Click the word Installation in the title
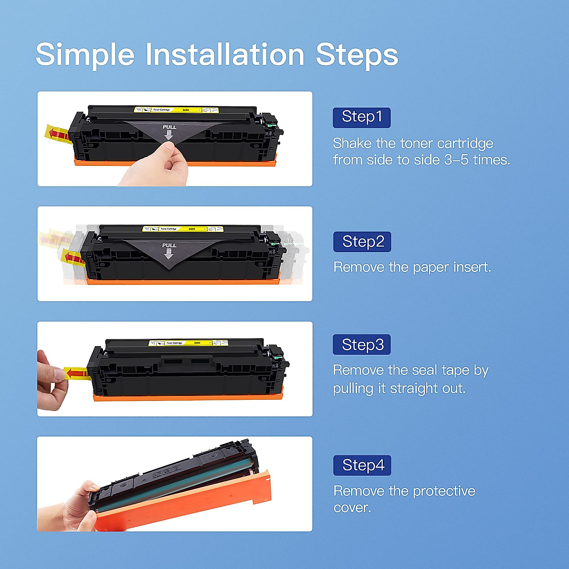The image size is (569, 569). coord(225,55)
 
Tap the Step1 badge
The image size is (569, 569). coord(361,117)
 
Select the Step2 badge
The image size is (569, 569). coord(362,242)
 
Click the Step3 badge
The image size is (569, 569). coord(362,345)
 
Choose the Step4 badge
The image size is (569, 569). coord(362,465)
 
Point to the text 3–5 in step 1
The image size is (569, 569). coord(456,160)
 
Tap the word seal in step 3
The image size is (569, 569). coord(425,370)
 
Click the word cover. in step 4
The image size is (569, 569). coord(352,508)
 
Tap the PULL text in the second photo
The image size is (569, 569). coord(169,245)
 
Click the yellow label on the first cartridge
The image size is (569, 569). coord(176,110)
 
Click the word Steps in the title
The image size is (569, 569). coord(357,55)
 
